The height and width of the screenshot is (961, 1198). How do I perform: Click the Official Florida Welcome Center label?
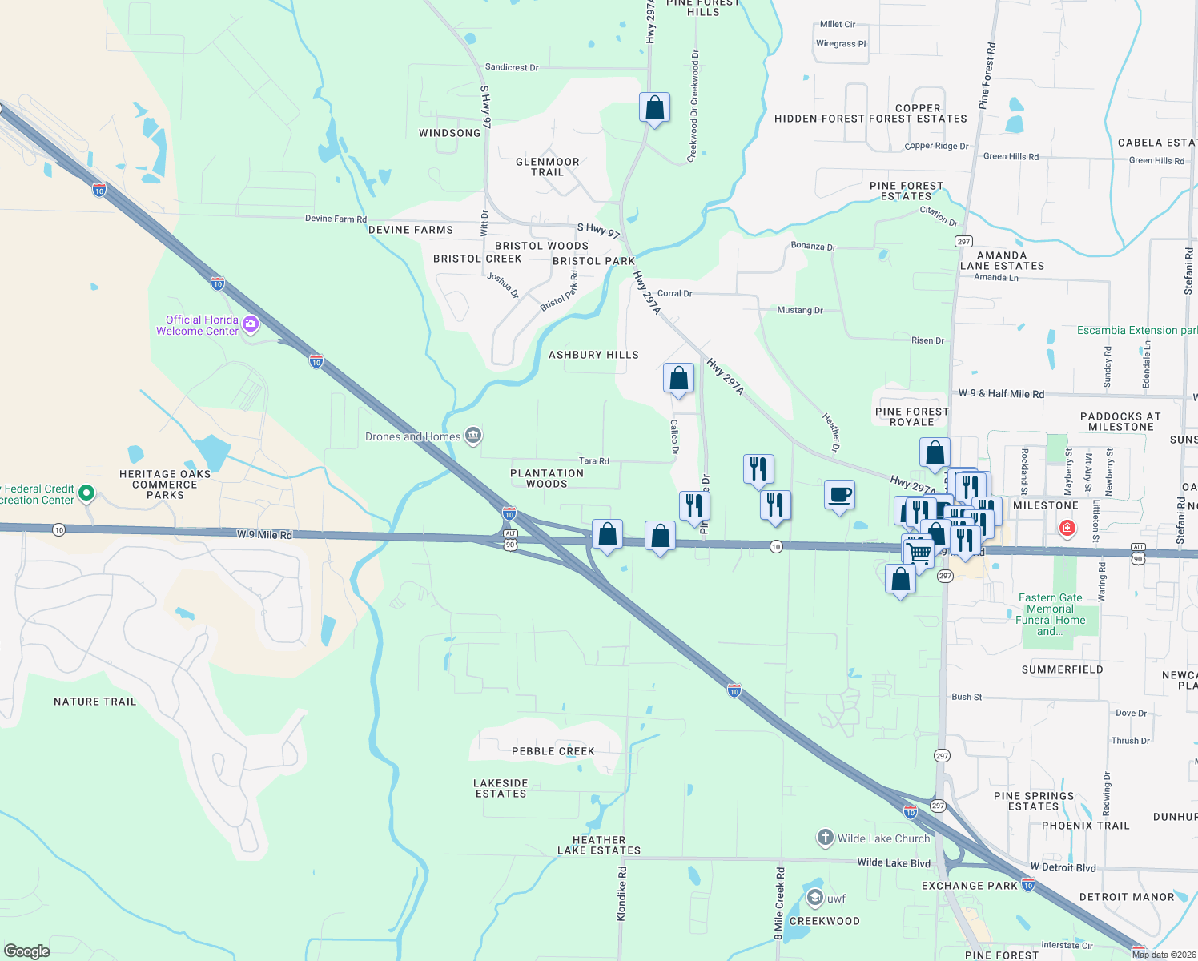[197, 325]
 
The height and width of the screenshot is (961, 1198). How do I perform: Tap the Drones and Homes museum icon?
[473, 436]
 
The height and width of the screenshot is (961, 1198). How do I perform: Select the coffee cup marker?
[839, 495]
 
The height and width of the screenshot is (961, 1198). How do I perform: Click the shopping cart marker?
[919, 552]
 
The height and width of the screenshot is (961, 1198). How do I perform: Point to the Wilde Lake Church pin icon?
[825, 838]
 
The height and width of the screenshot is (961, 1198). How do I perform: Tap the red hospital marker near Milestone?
[1067, 528]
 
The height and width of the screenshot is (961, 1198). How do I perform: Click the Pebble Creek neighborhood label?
[553, 751]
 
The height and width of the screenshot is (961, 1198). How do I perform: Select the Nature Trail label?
[95, 702]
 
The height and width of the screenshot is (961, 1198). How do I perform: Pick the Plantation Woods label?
[547, 478]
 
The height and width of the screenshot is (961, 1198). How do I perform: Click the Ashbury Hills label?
[593, 355]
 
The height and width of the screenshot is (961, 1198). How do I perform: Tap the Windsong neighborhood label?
[450, 133]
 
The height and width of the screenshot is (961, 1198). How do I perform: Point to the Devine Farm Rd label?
[336, 219]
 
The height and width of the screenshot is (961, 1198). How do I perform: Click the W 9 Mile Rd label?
[264, 534]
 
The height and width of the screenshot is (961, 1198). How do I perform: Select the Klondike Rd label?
[622, 893]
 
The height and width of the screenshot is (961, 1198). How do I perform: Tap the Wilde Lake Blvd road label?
[894, 862]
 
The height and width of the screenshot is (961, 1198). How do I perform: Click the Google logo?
[27, 951]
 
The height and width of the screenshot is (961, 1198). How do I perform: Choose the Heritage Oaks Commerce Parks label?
[165, 485]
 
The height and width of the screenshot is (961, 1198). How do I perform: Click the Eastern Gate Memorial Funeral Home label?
[1050, 614]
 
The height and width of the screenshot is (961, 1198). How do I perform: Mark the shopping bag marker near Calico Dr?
[678, 378]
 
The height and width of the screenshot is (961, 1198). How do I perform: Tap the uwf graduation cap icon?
[815, 898]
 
